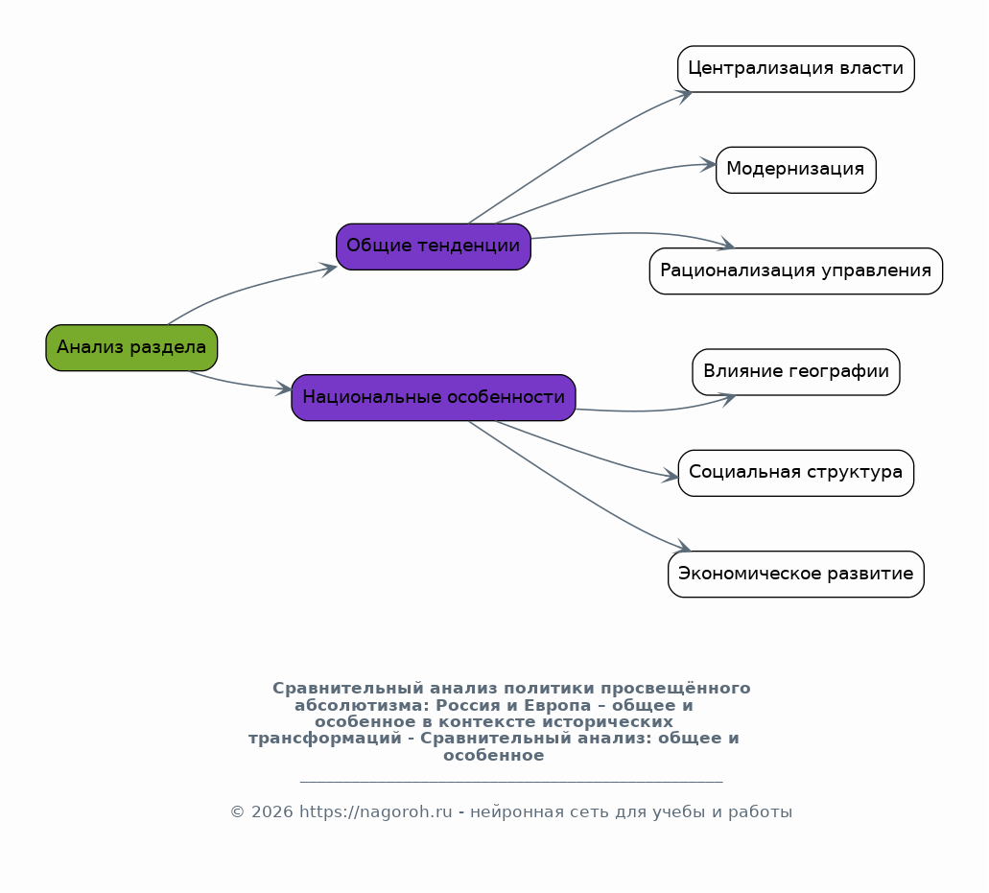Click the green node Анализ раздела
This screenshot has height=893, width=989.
[x=131, y=347]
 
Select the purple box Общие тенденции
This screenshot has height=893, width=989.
[x=434, y=247]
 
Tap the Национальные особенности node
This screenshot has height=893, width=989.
[x=434, y=398]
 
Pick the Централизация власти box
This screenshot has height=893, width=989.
[x=796, y=69]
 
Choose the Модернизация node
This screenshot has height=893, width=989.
[x=796, y=170]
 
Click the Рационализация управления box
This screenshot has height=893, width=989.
[x=796, y=271]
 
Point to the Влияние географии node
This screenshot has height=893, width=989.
[x=796, y=372]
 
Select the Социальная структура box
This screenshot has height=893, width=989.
[x=796, y=473]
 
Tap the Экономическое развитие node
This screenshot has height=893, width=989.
[x=796, y=574]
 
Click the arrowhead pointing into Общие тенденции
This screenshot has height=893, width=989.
[x=329, y=270]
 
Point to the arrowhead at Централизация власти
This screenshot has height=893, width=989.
[x=685, y=96]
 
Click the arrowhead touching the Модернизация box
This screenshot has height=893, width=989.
[x=708, y=165]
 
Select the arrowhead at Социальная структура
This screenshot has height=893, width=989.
[x=671, y=477]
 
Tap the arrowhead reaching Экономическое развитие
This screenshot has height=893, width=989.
[x=683, y=546]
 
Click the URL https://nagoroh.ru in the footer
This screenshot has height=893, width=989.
[x=375, y=811]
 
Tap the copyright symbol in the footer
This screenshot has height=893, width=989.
[x=237, y=811]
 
